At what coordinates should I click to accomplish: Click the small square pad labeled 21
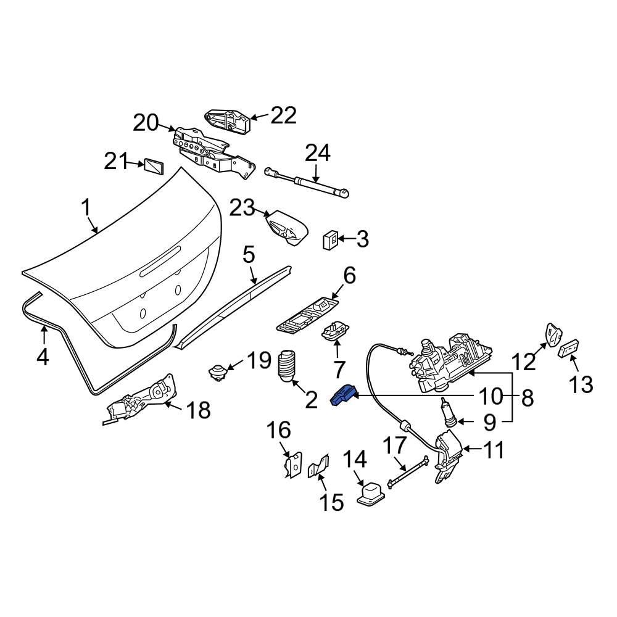pyautogui.click(x=154, y=166)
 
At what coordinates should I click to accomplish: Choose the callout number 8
pyautogui.click(x=526, y=398)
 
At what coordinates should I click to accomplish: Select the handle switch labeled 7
pyautogui.click(x=334, y=333)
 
